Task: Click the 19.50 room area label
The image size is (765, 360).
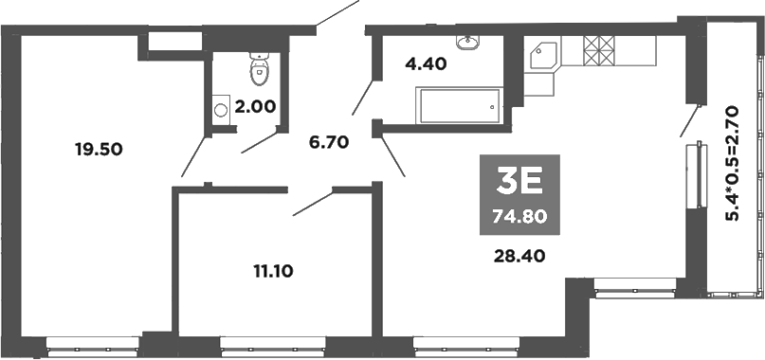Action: click(x=100, y=148)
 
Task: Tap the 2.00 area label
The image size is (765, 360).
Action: click(x=255, y=106)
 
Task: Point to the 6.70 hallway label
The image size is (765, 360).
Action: click(x=329, y=143)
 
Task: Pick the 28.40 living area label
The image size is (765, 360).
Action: click(x=519, y=254)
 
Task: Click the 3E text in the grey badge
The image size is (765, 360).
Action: click(x=519, y=181)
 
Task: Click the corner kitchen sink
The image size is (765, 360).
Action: click(x=542, y=56)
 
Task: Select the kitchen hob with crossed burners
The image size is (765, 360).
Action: click(x=598, y=50)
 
